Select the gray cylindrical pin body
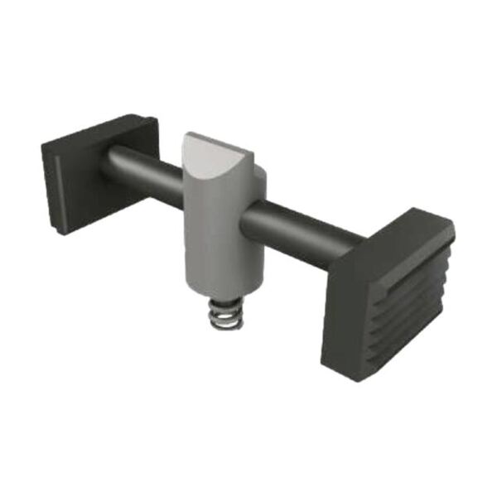coord(217,240)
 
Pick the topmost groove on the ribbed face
coord(410,265)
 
